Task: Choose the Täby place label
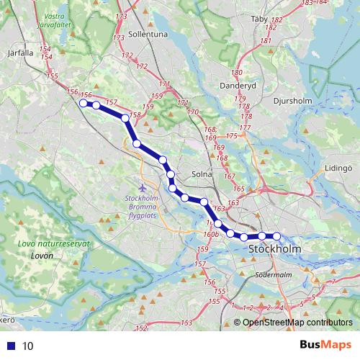pos(257,19)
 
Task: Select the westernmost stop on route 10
pos(83,104)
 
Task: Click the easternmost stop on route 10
pos(276,235)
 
